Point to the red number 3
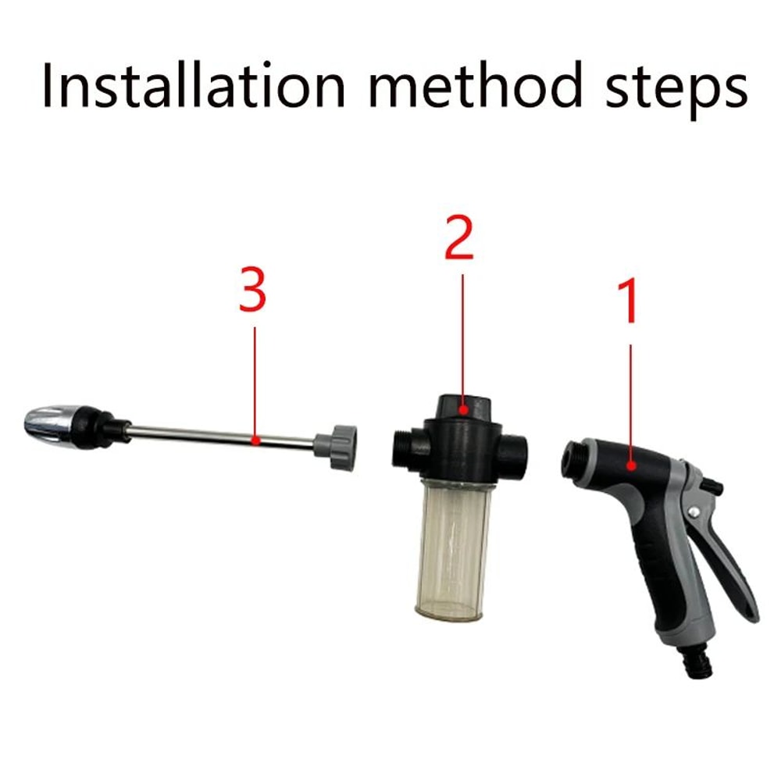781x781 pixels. click(x=253, y=289)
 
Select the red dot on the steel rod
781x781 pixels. click(x=255, y=440)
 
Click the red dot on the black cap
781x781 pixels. click(x=463, y=408)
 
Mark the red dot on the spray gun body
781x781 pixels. click(x=630, y=466)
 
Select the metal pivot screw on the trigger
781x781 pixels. click(x=692, y=512)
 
